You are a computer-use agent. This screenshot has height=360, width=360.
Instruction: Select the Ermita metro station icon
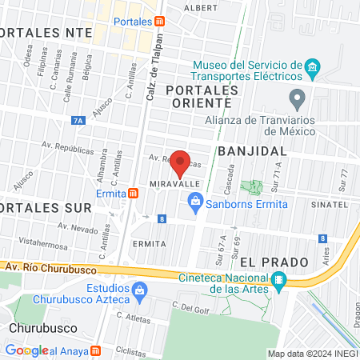[x=133, y=193]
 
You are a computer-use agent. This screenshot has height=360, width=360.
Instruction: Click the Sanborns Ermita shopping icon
[x=195, y=204]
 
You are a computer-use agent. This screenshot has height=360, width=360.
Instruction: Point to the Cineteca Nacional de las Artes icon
[x=278, y=279]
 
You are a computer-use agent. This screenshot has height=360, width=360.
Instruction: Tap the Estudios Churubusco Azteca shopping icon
[x=140, y=290]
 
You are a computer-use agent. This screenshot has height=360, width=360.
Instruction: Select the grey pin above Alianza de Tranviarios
[x=298, y=100]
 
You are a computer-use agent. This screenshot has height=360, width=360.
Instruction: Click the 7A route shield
[x=78, y=121]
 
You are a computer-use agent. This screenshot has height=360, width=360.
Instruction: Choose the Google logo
[x=27, y=350]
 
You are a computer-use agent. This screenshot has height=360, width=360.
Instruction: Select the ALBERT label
[x=199, y=7]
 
